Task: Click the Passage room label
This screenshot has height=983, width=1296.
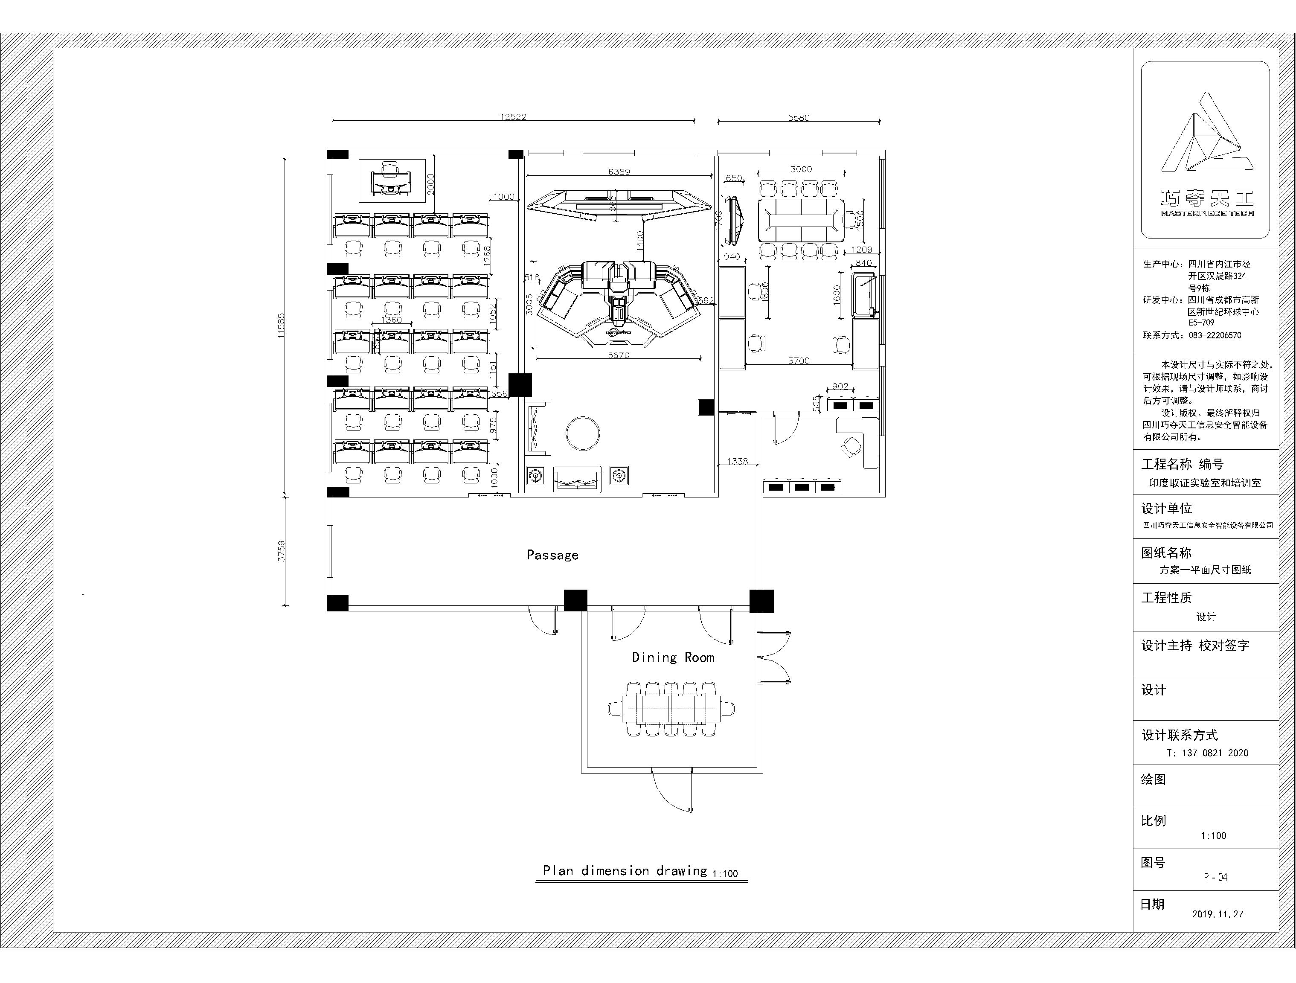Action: [552, 555]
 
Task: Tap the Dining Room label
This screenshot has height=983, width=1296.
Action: [673, 657]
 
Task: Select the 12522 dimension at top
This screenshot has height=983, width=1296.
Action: [513, 116]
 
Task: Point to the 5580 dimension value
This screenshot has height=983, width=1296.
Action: [798, 117]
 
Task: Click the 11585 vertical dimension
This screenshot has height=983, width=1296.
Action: [281, 326]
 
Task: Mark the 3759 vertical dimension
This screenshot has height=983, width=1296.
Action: [281, 551]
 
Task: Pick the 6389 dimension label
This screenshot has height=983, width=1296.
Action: [619, 172]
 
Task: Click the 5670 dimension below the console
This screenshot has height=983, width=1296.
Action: [618, 355]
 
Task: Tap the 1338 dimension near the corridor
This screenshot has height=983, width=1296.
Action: [738, 461]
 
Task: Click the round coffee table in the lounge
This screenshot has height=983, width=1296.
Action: [582, 433]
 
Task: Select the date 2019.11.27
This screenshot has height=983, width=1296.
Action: [1217, 914]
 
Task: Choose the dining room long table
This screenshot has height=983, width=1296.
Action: [672, 709]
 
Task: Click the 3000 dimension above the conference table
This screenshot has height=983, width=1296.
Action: [801, 169]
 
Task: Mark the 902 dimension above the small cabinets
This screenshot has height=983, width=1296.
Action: [840, 386]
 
